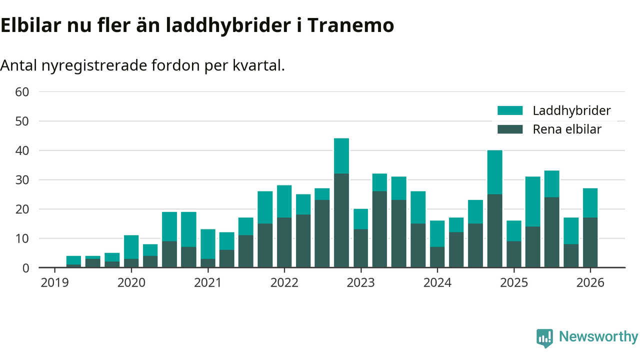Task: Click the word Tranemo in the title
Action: point(349,25)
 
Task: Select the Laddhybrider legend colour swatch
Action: point(509,110)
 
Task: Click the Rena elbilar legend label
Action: point(567,129)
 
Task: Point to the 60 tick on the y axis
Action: point(23,92)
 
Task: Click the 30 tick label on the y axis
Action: point(23,180)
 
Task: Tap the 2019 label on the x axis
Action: point(54,282)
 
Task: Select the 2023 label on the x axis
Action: point(360,282)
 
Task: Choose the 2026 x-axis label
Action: point(590,282)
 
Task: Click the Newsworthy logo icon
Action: point(544,338)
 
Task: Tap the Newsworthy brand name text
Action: point(598,337)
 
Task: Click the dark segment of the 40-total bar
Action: point(494,230)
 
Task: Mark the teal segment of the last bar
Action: point(590,203)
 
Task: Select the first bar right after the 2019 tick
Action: point(73,261)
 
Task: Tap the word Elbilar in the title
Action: point(30,25)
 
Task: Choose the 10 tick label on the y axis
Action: point(23,238)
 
